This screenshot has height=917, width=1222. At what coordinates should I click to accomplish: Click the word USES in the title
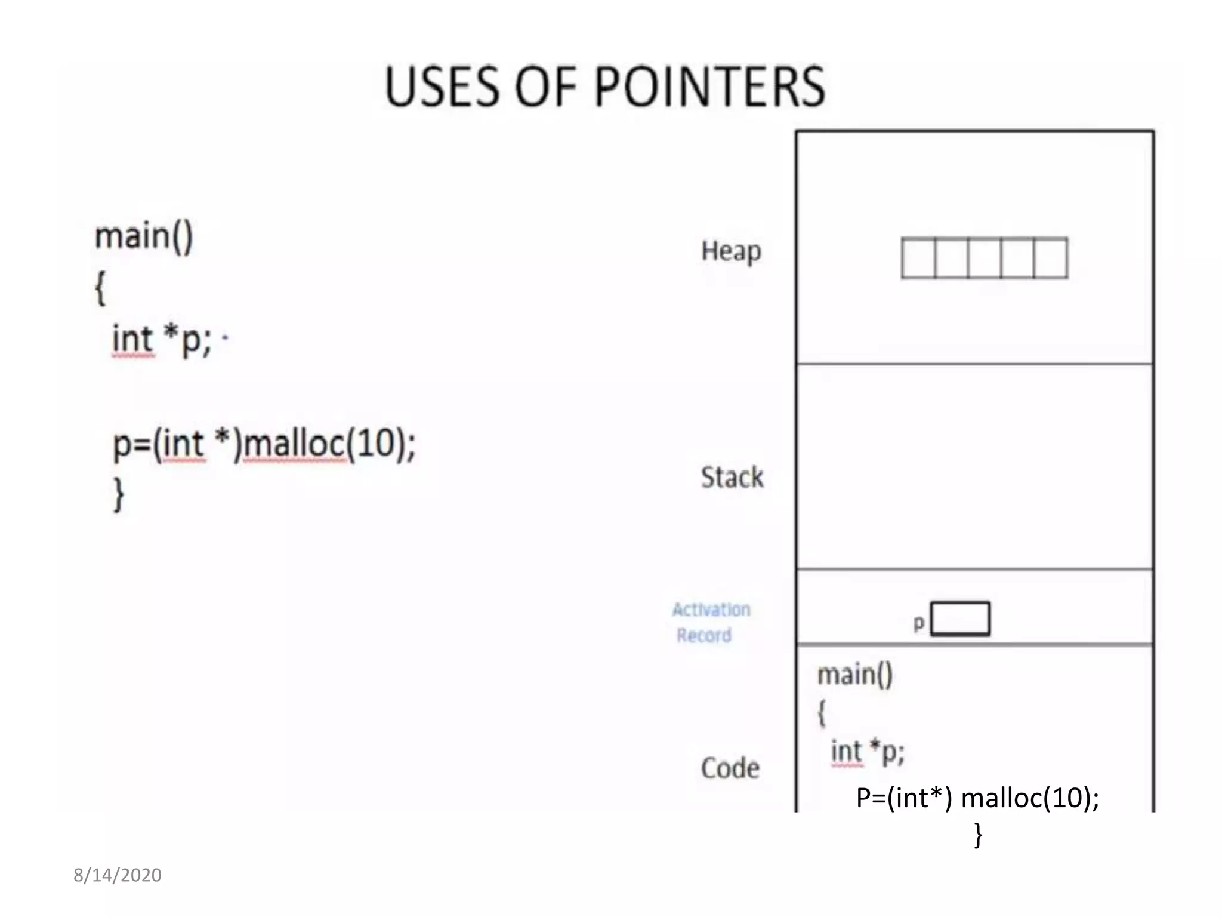tap(441, 87)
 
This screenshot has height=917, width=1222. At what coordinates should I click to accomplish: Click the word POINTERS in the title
tap(709, 87)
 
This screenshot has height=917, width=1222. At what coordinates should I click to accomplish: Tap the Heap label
tap(731, 251)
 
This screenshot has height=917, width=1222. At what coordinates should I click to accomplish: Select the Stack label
tap(732, 478)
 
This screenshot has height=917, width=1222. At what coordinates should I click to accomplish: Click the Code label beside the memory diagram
tap(730, 768)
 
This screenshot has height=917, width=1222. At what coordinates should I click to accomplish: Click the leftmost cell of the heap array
tap(918, 258)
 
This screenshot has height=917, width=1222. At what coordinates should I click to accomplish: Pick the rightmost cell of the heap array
tap(1051, 258)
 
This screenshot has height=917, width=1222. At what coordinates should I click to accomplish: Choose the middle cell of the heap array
tap(985, 258)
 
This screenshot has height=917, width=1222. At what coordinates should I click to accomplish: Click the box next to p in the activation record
tap(960, 618)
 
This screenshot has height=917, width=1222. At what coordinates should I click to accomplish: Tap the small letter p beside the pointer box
tap(919, 623)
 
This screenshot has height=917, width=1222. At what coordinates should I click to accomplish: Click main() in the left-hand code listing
tap(144, 236)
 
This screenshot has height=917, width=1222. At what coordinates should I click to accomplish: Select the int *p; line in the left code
tap(162, 340)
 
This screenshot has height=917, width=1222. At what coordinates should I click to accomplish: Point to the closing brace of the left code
tap(119, 494)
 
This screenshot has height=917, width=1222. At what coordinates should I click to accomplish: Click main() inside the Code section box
tap(855, 675)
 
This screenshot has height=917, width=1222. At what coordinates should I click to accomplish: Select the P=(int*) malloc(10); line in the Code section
tap(977, 798)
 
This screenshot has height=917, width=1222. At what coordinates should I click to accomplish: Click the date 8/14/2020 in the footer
tap(118, 875)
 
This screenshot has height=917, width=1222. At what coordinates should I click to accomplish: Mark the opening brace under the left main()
tap(101, 288)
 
